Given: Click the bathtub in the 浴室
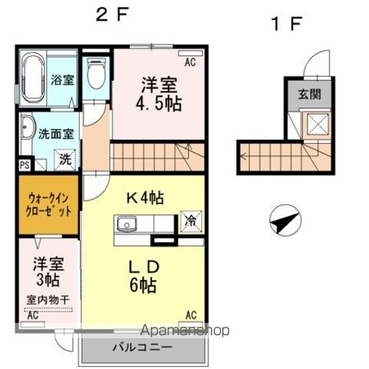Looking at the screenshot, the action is point(33,78).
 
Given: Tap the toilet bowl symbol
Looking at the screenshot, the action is point(96,73).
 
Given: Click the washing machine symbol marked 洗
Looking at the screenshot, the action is point(65,160).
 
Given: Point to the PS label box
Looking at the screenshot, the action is point(25,165).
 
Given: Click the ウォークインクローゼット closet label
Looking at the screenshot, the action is point(48,204).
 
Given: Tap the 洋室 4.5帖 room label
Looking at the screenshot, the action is point(159,94).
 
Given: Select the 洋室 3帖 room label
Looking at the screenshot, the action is point(48,271).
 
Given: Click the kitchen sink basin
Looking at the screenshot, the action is point(127,224).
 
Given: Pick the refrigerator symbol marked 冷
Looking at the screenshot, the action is point(191,222).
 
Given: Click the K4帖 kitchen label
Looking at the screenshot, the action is point(145,198).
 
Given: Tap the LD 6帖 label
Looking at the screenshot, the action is point(144,277).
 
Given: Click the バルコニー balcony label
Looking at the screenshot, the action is point(142,347).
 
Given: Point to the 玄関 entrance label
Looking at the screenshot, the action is point(310,95).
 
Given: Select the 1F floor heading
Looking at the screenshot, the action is point(286,24).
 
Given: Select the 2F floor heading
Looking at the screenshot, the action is point(112,15).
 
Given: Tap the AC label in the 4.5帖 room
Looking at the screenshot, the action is point(191,62).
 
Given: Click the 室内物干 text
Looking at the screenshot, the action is point(48,300).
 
